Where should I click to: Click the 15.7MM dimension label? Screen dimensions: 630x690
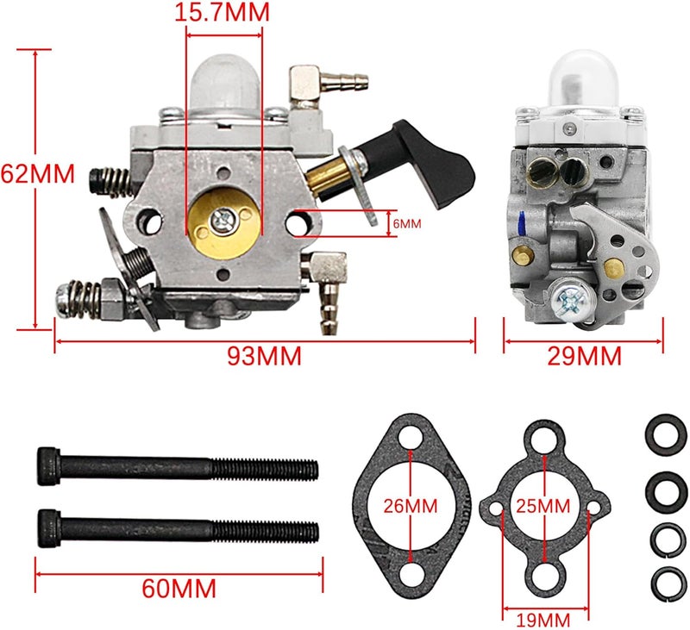(222, 12)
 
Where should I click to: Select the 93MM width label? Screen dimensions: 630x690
(264, 356)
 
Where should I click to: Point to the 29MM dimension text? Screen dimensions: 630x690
(586, 354)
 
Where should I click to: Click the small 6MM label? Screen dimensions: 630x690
(406, 223)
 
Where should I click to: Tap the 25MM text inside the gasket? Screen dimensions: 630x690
(542, 505)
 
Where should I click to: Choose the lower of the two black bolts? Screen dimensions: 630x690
(178, 526)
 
